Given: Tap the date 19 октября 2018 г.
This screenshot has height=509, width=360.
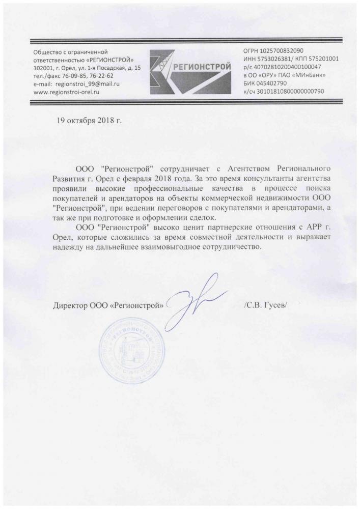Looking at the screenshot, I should [89, 121].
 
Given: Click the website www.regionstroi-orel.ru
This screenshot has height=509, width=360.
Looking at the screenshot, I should [66, 92].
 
